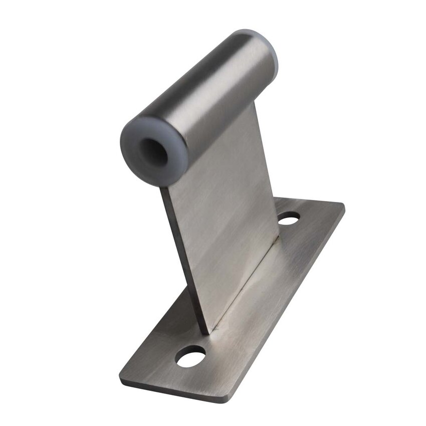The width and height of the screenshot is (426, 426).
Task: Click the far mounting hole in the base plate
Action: [x=289, y=219]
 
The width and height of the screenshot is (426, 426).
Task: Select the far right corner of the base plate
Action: [x=343, y=204]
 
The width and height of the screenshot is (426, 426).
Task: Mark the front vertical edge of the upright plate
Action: [x=183, y=261]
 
